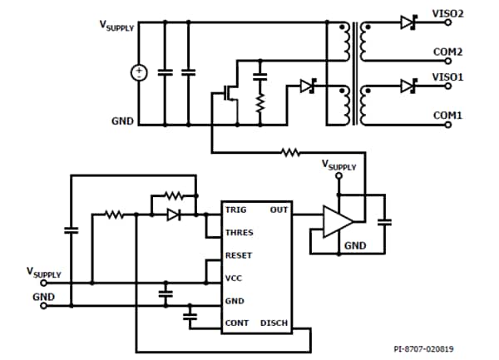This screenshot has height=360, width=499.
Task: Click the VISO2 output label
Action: click(447, 14)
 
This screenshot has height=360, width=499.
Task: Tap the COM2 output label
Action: click(447, 52)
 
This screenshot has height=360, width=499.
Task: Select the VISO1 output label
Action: click(447, 76)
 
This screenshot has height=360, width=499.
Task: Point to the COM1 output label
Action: click(447, 115)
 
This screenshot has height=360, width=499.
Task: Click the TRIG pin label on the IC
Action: click(236, 210)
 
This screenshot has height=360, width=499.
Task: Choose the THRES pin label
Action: click(239, 233)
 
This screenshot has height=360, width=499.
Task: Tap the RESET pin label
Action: click(239, 255)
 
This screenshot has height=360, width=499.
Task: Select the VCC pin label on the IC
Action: click(235, 279)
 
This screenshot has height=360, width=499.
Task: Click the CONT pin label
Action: click(236, 323)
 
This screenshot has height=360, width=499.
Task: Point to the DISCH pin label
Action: click(274, 323)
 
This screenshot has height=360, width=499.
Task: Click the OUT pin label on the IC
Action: click(279, 210)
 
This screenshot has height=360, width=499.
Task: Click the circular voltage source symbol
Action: click(138, 73)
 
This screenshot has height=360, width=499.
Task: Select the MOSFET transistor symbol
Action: click(229, 93)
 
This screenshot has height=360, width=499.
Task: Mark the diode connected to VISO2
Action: click(408, 23)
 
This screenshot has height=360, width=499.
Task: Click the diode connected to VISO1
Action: click(408, 86)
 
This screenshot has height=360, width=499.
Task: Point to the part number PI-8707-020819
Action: click(430, 349)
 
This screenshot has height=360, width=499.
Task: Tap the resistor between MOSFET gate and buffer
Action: click(290, 152)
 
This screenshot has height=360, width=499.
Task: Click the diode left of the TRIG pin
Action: click(173, 215)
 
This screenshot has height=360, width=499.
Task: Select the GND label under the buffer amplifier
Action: click(355, 246)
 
